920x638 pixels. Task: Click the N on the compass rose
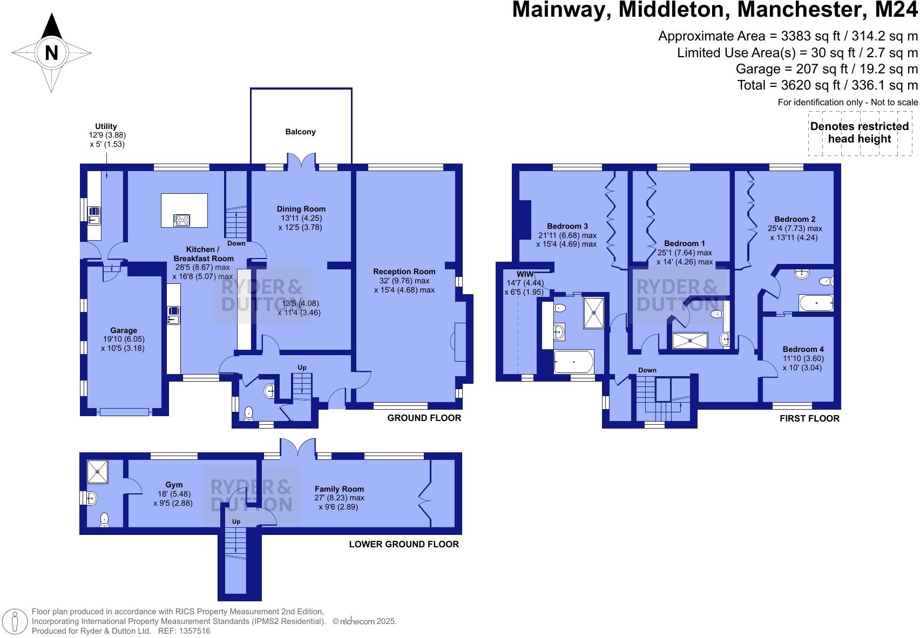coord(51,53)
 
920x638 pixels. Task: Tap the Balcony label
coord(300,132)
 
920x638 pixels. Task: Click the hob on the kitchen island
coord(181,220)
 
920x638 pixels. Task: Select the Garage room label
coord(124,330)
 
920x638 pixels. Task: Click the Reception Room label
coord(404,272)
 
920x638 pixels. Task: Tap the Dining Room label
coord(301,209)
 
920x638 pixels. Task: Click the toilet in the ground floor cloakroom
coord(248,413)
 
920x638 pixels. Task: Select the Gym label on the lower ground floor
coord(174,485)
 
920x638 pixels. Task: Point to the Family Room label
coord(339,489)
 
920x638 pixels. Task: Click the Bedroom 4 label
coord(803,349)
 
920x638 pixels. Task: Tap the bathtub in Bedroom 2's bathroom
coord(816,303)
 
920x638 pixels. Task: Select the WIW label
coord(525,274)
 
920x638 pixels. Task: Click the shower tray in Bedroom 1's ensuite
coord(689,341)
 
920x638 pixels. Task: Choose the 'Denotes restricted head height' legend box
coord(860,133)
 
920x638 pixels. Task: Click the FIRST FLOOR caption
coord(809,418)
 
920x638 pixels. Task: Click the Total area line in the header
coord(827,85)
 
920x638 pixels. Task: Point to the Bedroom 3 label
coord(567,226)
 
